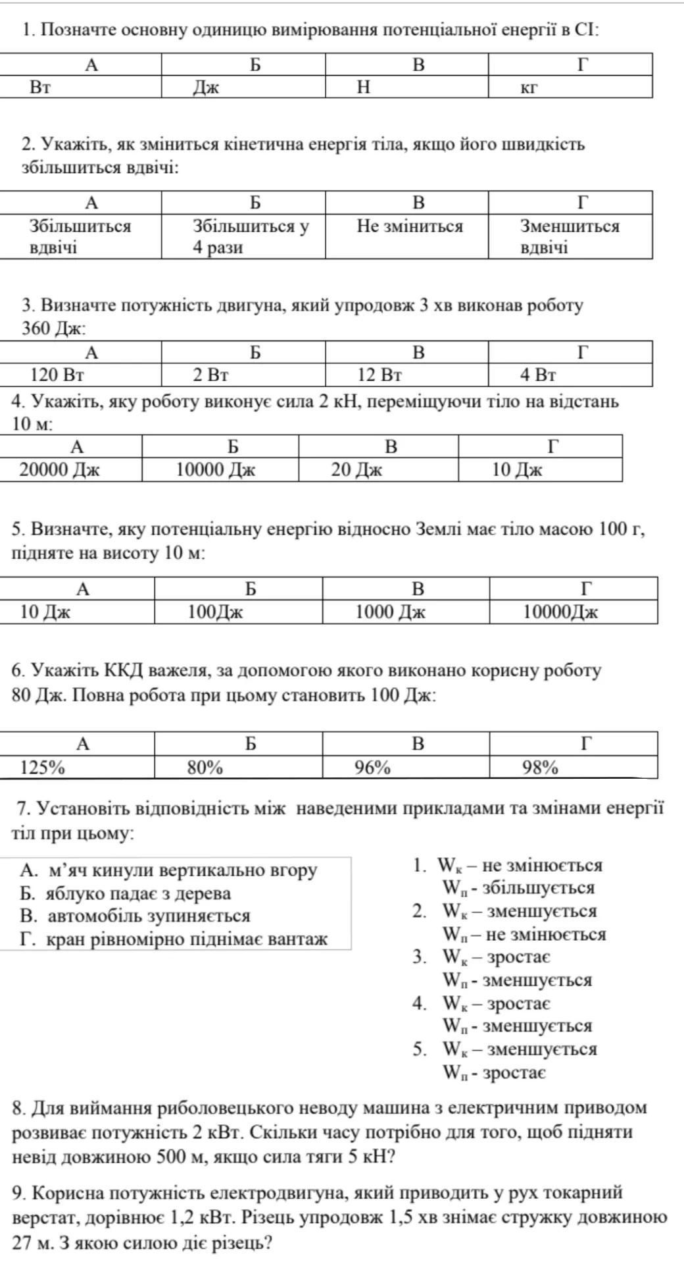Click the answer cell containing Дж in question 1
243,87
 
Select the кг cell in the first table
570,87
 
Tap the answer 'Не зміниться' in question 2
407,236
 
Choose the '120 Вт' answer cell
80,375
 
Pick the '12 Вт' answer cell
407,375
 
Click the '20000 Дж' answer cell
71,470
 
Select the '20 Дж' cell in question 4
378,470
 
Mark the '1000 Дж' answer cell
406,612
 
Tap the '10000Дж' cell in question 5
573,612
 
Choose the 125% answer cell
77,767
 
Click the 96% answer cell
406,767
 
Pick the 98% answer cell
573,767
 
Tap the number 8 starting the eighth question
18,1108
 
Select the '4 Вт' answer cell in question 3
570,375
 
